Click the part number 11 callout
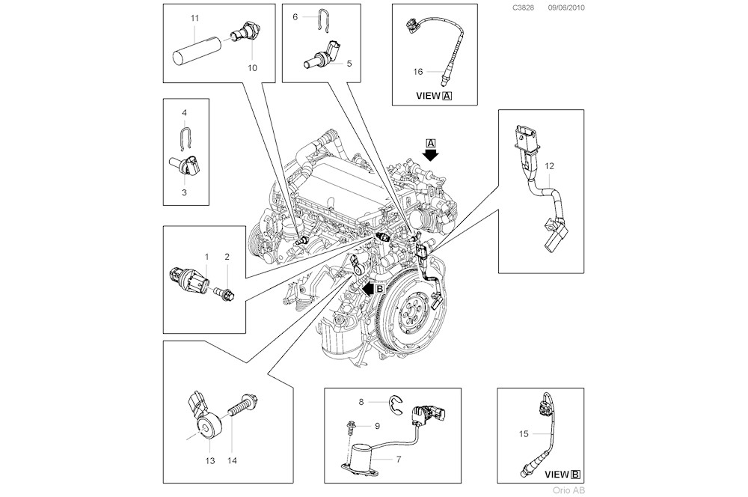click(194, 16)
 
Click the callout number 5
click(349, 64)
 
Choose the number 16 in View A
click(418, 72)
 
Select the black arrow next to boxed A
click(430, 153)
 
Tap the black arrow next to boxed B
click(367, 287)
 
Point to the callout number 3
click(184, 192)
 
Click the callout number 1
click(206, 257)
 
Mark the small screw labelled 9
click(350, 427)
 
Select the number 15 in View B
click(524, 433)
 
